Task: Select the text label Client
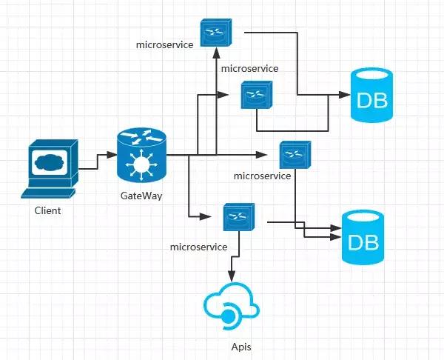pyautogui.click(x=48, y=211)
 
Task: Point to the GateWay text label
pyautogui.click(x=141, y=196)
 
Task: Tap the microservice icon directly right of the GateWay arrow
pyautogui.click(x=294, y=155)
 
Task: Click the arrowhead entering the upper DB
pyautogui.click(x=343, y=96)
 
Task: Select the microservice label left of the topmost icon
pyautogui.click(x=164, y=44)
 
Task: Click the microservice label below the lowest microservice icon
pyautogui.click(x=198, y=246)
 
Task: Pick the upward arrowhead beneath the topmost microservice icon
pyautogui.click(x=215, y=53)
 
